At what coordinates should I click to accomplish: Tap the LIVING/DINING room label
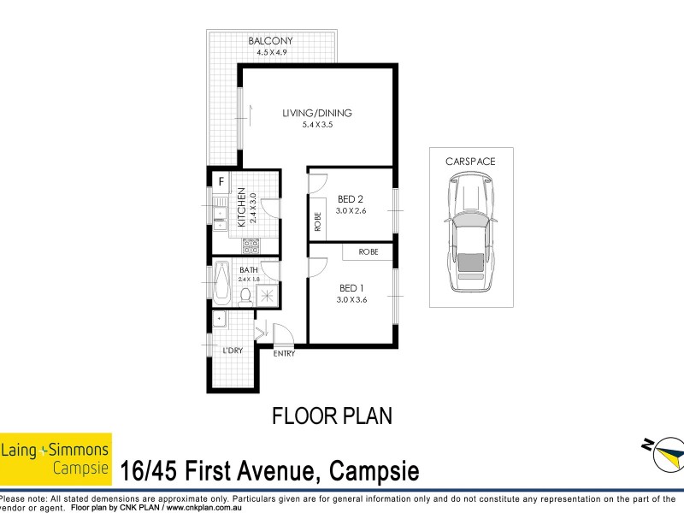(317, 113)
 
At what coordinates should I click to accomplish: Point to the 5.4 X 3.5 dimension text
(317, 126)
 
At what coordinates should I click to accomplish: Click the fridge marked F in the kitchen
(221, 181)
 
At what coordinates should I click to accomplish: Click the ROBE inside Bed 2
(317, 221)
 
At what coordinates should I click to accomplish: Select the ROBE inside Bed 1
(368, 251)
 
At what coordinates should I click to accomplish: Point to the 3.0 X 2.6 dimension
(351, 211)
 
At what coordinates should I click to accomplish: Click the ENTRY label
(284, 352)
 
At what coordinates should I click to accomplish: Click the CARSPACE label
(470, 161)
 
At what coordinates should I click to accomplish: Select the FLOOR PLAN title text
(332, 416)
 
